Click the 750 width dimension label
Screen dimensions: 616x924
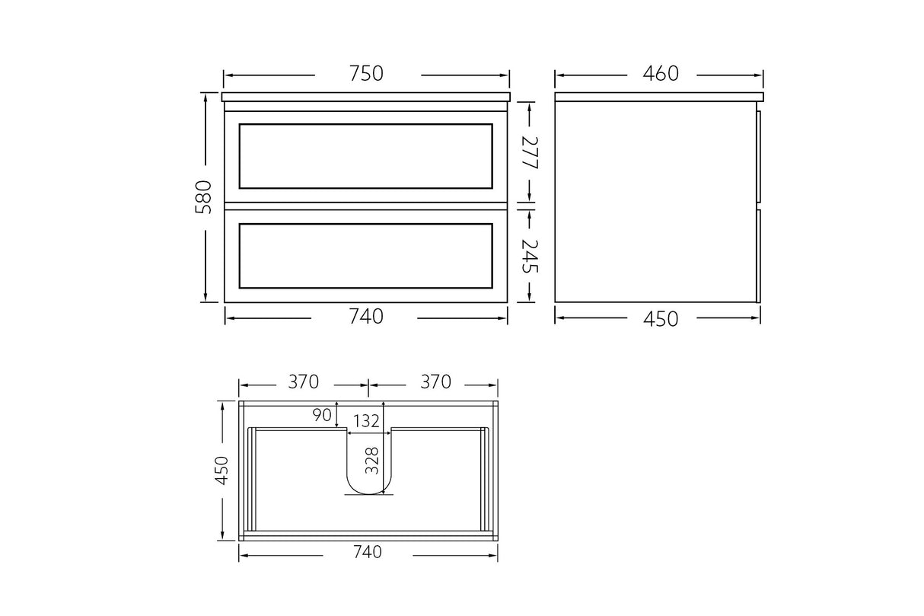(x=366, y=74)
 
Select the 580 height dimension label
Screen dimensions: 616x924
(x=203, y=196)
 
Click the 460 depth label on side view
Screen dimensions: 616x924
(x=660, y=74)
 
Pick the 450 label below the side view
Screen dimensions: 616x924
(x=660, y=318)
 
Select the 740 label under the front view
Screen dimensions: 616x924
(x=366, y=317)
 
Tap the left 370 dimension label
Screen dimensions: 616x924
(x=302, y=382)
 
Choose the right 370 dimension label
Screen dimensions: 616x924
(x=435, y=382)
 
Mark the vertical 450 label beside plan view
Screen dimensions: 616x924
(x=221, y=471)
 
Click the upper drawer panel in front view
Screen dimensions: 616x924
(x=365, y=156)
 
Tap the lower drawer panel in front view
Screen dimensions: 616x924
(x=365, y=256)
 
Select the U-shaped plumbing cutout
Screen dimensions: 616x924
(x=369, y=472)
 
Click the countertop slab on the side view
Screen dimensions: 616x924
(x=658, y=97)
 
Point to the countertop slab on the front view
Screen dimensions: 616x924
(x=366, y=97)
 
